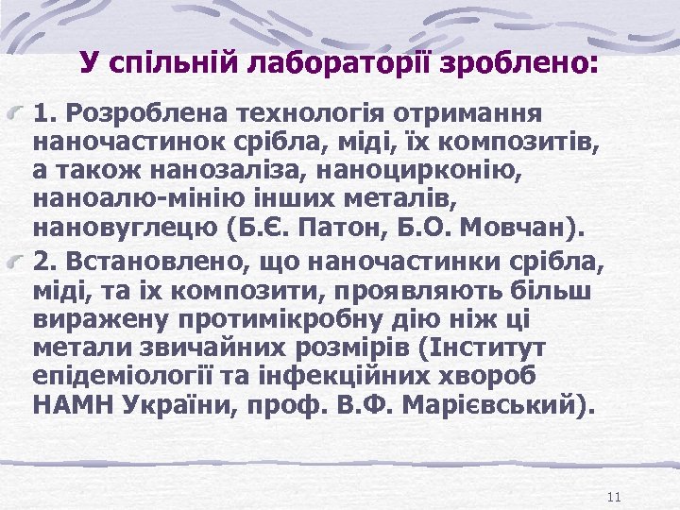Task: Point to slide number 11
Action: (614, 498)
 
